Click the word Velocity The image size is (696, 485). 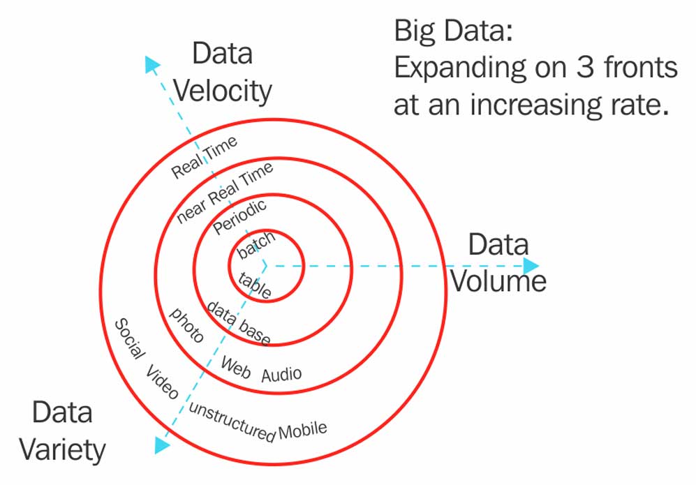[x=222, y=91]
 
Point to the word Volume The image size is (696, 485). [x=497, y=280]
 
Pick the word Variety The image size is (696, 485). [x=62, y=449]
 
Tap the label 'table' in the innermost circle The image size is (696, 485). [x=256, y=285]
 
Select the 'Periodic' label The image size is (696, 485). [x=239, y=216]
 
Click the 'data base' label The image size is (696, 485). [x=238, y=322]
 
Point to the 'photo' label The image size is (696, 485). [x=187, y=325]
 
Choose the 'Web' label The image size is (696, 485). [x=235, y=367]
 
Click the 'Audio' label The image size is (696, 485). [x=281, y=374]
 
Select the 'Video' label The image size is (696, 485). [x=163, y=382]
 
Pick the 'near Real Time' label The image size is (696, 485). [x=225, y=191]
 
